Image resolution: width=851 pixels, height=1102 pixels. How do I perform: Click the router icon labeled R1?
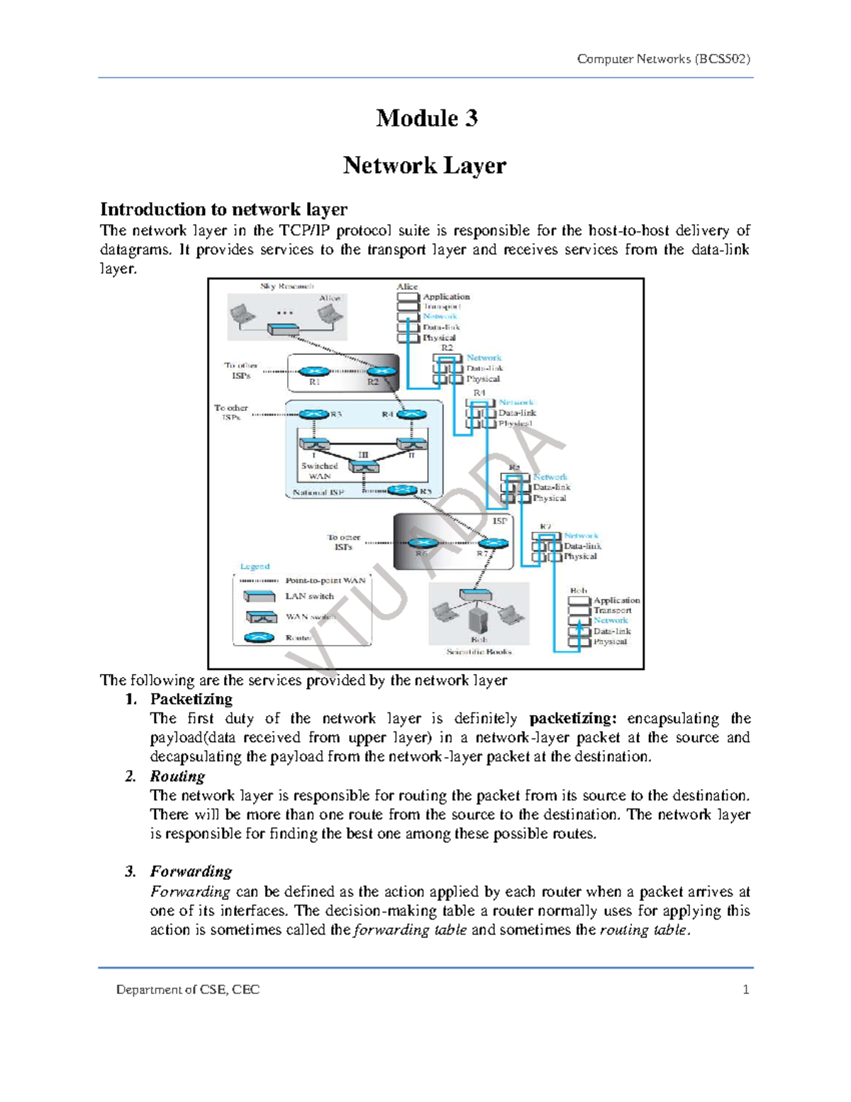(x=313, y=371)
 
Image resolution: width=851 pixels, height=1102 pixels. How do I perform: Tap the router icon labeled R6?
(x=423, y=544)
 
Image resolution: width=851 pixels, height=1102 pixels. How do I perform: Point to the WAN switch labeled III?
(x=363, y=467)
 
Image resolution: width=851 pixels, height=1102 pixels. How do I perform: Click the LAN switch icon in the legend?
(x=259, y=596)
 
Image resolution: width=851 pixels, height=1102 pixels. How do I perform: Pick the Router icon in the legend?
(x=259, y=637)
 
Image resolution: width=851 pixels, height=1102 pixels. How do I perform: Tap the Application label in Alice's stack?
(x=446, y=297)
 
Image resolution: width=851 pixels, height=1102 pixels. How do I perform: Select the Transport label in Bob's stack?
(x=612, y=610)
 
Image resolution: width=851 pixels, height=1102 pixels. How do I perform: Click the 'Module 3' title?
(x=426, y=118)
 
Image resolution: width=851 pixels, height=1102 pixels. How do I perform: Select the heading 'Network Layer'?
(x=425, y=165)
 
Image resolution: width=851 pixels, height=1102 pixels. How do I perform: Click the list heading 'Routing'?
(x=177, y=776)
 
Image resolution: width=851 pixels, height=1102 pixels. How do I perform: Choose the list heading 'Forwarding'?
(x=191, y=871)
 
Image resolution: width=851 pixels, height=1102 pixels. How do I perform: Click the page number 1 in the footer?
(x=745, y=989)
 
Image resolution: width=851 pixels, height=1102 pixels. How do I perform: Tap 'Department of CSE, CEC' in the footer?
(x=188, y=989)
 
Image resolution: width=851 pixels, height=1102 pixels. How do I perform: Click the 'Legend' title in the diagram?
(x=255, y=566)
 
